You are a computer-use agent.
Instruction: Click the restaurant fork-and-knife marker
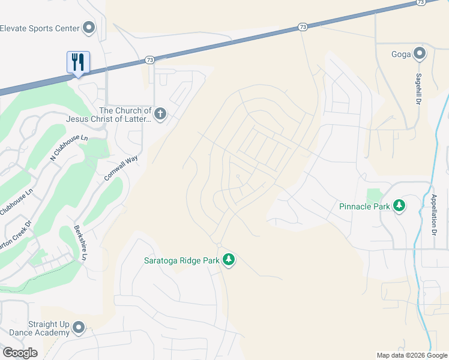(78, 62)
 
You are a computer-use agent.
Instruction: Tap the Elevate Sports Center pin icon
(89, 28)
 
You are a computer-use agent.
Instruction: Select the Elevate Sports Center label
(40, 28)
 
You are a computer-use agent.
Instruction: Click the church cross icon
(160, 114)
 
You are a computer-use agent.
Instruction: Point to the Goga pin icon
(420, 55)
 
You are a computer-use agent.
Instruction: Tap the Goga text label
(402, 55)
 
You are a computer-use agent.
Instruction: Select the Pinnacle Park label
(364, 206)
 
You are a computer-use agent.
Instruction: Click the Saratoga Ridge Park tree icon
(228, 260)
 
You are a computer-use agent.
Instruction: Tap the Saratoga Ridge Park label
(182, 260)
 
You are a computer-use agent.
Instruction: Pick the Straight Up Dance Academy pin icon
(78, 328)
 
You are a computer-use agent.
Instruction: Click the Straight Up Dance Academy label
(35, 329)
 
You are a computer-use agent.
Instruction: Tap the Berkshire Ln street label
(79, 242)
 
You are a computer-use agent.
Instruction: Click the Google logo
(19, 353)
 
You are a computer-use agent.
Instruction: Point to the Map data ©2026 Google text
(412, 355)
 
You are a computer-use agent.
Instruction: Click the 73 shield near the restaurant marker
(149, 60)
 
